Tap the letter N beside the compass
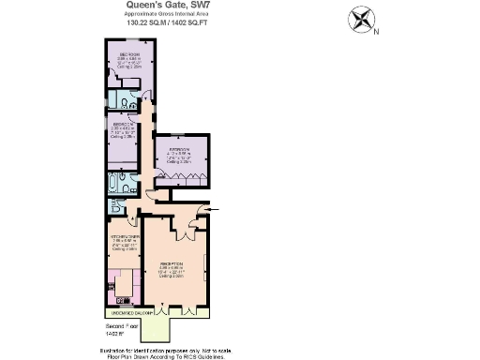coord(377,32)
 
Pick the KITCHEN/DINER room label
coord(125,236)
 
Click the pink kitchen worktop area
coord(122,281)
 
